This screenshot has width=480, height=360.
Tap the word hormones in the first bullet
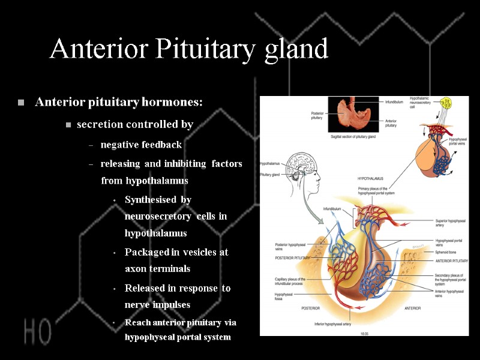(x=173, y=102)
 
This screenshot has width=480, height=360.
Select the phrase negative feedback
(x=141, y=145)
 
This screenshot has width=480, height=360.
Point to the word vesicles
(x=194, y=253)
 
